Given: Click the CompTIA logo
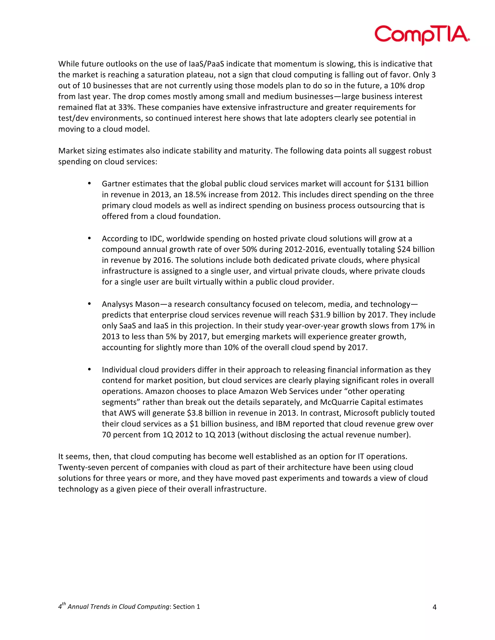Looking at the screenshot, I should [422, 35].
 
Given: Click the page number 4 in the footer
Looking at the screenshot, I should [434, 607].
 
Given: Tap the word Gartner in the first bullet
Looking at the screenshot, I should [116, 184].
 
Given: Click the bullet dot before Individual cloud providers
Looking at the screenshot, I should [89, 369].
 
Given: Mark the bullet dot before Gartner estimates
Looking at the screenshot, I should [89, 184].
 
